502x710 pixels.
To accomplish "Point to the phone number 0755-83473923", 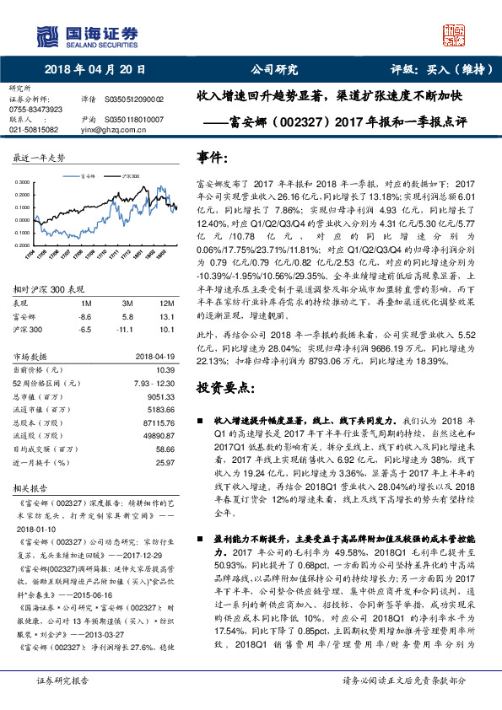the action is click(x=36, y=110).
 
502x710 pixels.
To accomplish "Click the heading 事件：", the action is click(x=212, y=159).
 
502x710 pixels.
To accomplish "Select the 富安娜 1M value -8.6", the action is click(x=83, y=315).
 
